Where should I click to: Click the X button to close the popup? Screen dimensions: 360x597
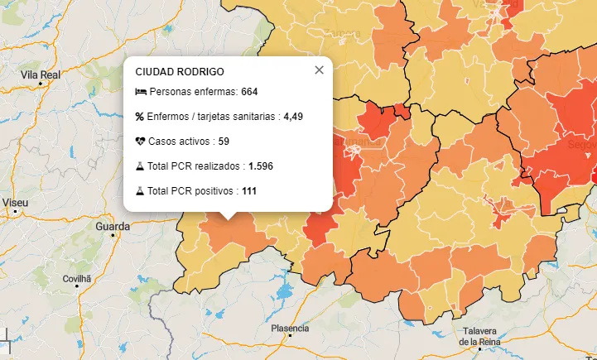click(319, 70)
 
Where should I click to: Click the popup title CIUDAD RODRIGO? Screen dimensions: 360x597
click(179, 72)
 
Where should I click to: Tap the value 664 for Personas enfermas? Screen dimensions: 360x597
click(250, 92)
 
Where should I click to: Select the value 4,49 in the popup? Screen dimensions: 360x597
click(293, 117)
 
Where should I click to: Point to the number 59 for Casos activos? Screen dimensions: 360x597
click(224, 142)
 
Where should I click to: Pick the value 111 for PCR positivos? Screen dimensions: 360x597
click(249, 191)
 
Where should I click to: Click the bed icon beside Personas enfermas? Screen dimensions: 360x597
click(140, 92)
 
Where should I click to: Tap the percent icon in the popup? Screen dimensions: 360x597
click(140, 117)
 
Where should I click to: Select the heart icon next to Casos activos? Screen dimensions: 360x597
click(140, 142)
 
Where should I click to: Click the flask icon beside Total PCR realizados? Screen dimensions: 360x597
click(140, 166)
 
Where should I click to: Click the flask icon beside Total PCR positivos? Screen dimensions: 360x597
click(140, 191)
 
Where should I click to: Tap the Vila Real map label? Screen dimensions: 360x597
click(41, 74)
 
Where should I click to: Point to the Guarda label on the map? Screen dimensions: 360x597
click(113, 226)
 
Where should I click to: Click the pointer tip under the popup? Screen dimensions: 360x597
click(228, 218)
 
